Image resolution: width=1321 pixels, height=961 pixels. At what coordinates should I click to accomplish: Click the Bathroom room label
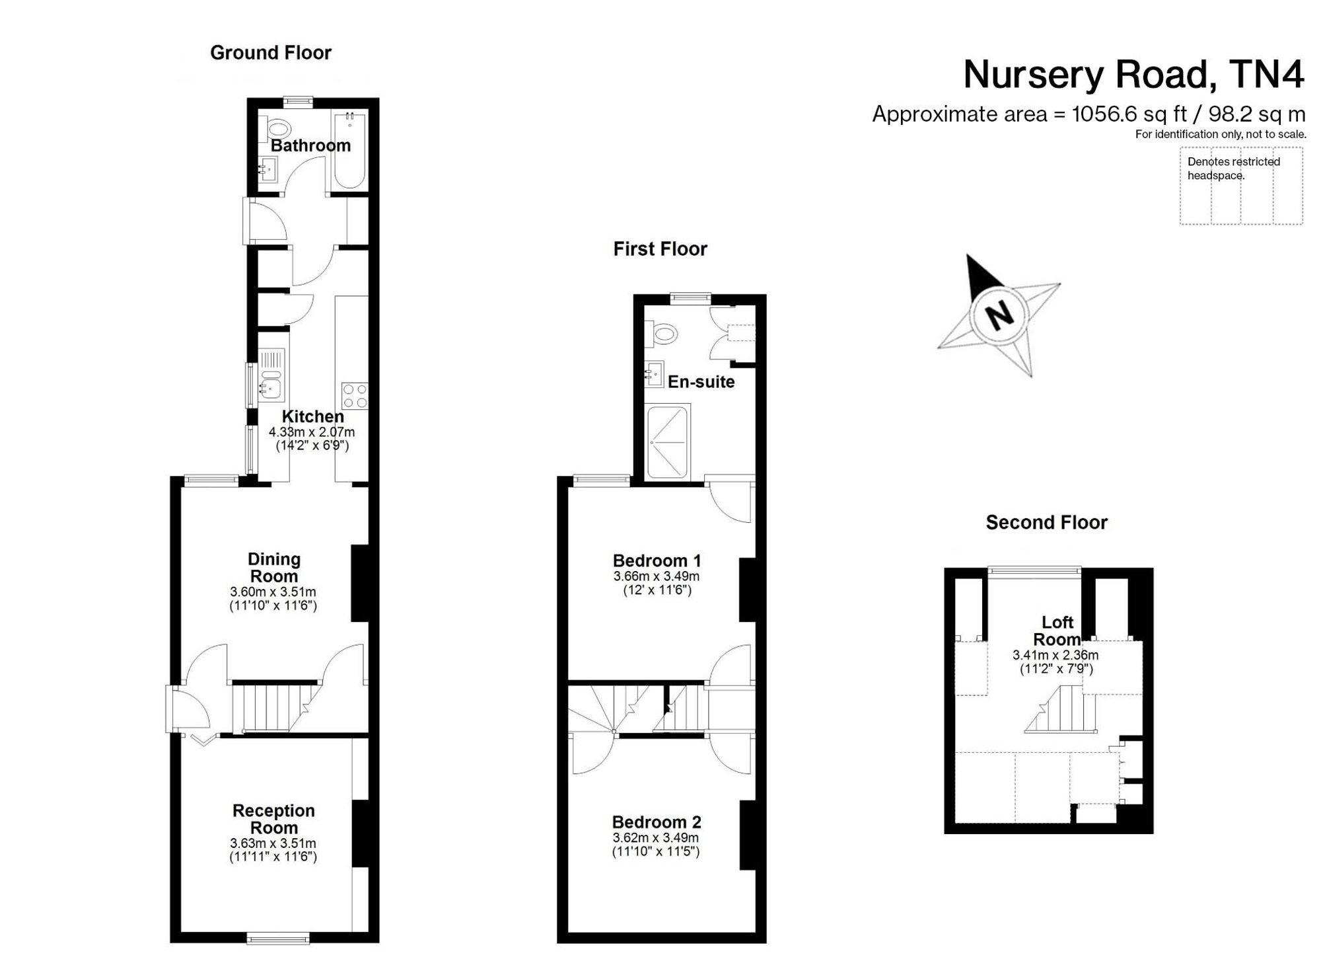[x=310, y=145]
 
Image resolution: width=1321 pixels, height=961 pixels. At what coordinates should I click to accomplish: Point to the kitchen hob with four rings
[x=355, y=396]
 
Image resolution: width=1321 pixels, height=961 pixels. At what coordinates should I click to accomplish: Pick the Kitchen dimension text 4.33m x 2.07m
[x=312, y=432]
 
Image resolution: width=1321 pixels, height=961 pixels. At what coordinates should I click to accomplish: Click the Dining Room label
[x=273, y=568]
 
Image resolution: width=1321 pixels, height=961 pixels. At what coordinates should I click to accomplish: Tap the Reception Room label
[x=273, y=819]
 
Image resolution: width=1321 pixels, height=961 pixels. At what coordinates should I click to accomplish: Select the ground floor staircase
[x=277, y=708]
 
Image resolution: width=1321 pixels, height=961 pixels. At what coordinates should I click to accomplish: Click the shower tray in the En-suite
[x=668, y=442]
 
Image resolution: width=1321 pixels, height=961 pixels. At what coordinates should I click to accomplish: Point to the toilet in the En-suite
[x=660, y=334]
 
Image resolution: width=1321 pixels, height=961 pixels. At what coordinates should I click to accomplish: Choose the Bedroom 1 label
[x=657, y=560]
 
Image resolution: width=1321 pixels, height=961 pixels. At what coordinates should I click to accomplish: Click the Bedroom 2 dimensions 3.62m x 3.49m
[x=656, y=837]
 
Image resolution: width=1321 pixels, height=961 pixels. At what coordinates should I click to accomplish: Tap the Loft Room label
[x=1057, y=631]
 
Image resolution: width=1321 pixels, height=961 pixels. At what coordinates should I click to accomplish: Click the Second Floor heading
[x=1046, y=523]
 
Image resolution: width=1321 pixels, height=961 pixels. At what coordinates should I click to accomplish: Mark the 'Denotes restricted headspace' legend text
[x=1233, y=169]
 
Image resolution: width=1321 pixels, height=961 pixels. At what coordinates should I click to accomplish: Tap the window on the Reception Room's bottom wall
[x=278, y=937]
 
